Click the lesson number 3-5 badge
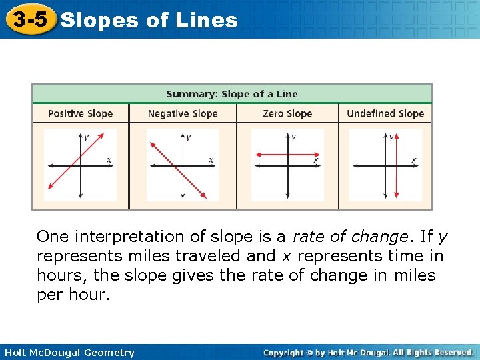29,19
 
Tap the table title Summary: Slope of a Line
231,94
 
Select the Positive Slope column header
80,113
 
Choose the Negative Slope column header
183,113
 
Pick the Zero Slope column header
287,113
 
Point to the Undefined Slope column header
385,113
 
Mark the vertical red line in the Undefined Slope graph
397,173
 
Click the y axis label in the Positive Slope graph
86,137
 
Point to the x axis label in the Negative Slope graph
211,159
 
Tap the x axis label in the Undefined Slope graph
413,159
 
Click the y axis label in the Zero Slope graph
294,137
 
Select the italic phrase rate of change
349,237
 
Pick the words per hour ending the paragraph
73,295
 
